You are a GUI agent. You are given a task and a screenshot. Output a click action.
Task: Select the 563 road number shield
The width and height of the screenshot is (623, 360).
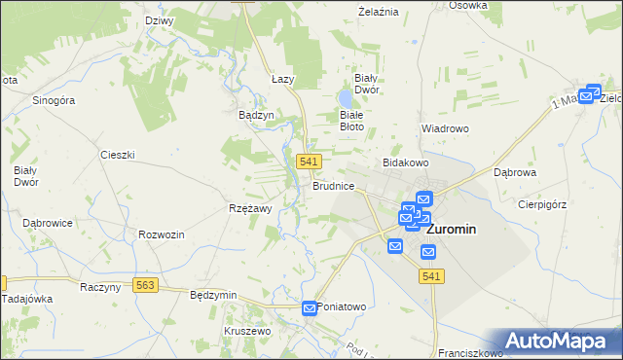pos(146,286)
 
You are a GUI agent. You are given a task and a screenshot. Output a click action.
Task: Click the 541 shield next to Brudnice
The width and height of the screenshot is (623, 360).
pos(310,162)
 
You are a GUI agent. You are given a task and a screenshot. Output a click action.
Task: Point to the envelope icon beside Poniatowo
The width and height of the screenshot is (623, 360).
pos(310,308)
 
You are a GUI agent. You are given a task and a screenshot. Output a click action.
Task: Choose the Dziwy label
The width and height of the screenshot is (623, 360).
pos(159,20)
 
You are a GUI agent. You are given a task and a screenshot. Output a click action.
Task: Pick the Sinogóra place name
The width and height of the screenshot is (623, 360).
pos(54,100)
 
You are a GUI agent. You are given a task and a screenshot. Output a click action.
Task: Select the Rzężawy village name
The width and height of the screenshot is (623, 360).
pos(250,207)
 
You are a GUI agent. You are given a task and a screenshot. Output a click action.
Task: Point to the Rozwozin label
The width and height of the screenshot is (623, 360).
pos(162,234)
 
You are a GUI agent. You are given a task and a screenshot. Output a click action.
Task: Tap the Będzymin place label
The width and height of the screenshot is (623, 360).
pos(214,294)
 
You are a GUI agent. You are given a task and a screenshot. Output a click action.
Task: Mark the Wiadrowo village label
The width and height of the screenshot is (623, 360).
pos(446,127)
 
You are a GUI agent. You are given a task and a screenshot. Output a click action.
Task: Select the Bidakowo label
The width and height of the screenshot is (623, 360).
pos(406,162)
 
